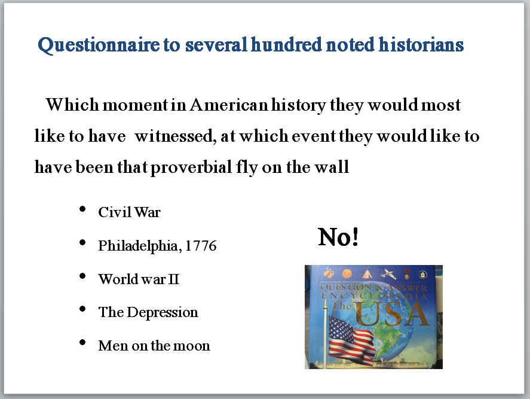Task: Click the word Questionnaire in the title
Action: pyautogui.click(x=99, y=45)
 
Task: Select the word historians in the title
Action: pyautogui.click(x=421, y=44)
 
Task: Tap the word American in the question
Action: pyautogui.click(x=228, y=105)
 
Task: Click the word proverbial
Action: pyautogui.click(x=191, y=167)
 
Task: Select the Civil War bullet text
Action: pyautogui.click(x=129, y=212)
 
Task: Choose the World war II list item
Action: pyautogui.click(x=139, y=279)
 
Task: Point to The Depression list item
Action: pyautogui.click(x=148, y=312)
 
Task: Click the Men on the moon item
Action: pyautogui.click(x=154, y=346)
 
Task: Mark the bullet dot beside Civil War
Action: pyautogui.click(x=82, y=209)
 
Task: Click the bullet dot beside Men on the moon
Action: pyautogui.click(x=82, y=342)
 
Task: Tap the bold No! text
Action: pyautogui.click(x=338, y=237)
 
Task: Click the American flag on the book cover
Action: pyautogui.click(x=351, y=340)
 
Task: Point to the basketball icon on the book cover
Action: pyautogui.click(x=347, y=273)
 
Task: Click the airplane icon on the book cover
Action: pyautogui.click(x=388, y=273)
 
